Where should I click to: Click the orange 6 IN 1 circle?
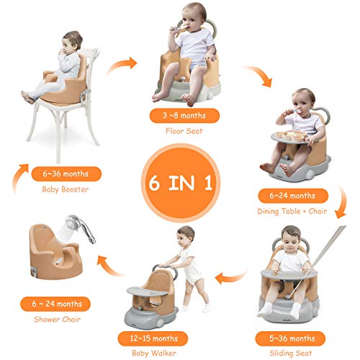[x=179, y=179]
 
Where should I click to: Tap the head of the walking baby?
[x=185, y=238]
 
